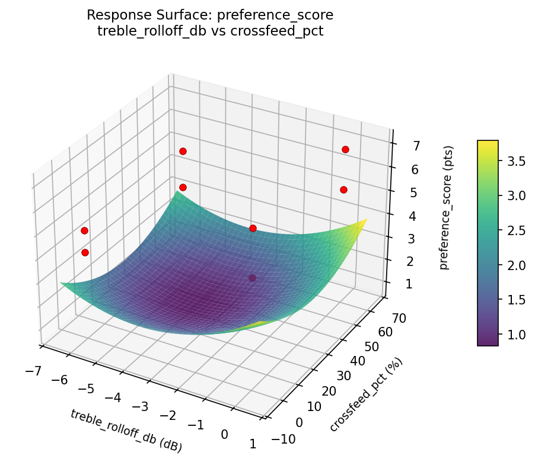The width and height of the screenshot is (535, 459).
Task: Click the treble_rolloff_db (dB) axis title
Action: pyautogui.click(x=126, y=431)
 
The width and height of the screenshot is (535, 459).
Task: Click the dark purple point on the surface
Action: pyautogui.click(x=253, y=278)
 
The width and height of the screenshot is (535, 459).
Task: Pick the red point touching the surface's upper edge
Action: pyautogui.click(x=253, y=228)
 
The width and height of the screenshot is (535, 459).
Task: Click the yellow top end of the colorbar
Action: pyautogui.click(x=488, y=143)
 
